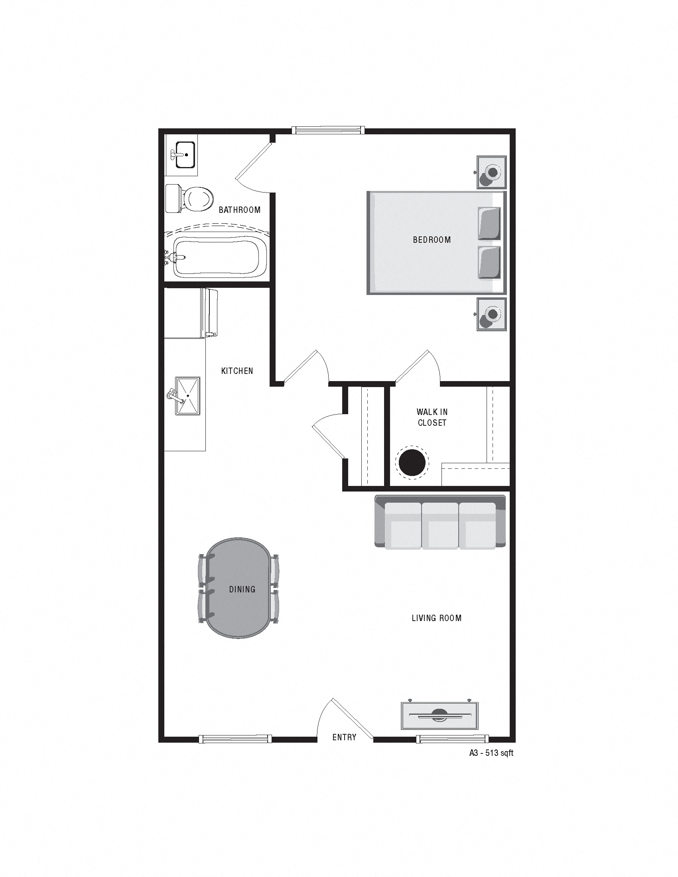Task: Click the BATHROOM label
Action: click(x=239, y=210)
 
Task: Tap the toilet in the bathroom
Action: click(x=193, y=199)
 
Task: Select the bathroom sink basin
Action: click(x=185, y=154)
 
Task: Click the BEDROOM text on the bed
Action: click(x=432, y=240)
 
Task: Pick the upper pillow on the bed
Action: click(x=489, y=223)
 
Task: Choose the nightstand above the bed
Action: click(x=492, y=172)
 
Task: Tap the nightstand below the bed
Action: click(x=492, y=314)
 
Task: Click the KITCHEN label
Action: click(x=237, y=371)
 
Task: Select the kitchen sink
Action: click(x=187, y=395)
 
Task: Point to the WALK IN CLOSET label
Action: click(x=432, y=417)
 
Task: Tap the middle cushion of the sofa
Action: click(x=440, y=525)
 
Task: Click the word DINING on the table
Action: click(x=242, y=589)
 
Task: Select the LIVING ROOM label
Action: click(x=437, y=618)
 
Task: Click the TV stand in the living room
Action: click(x=440, y=715)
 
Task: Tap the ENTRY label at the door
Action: click(x=344, y=737)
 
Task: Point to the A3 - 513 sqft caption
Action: click(x=491, y=753)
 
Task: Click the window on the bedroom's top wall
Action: click(x=328, y=130)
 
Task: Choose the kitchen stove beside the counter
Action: click(x=209, y=313)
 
